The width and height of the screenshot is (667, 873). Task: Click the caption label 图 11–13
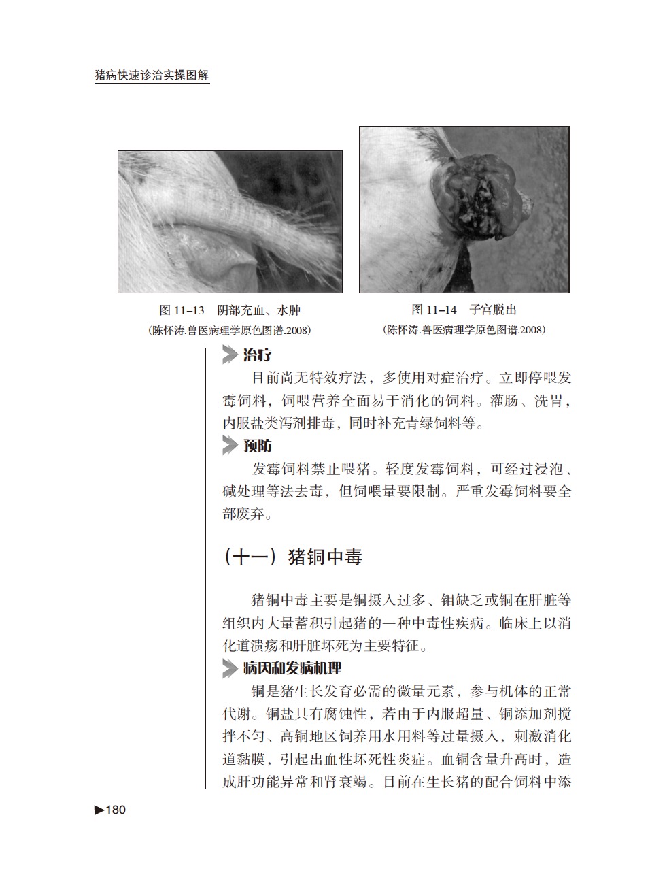pyautogui.click(x=182, y=310)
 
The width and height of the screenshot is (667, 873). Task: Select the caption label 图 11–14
pyautogui.click(x=434, y=310)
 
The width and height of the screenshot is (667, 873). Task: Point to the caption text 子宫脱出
pyautogui.click(x=493, y=310)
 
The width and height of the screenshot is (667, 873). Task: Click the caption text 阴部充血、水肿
pyautogui.click(x=258, y=310)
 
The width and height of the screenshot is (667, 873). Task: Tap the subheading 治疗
pyautogui.click(x=258, y=355)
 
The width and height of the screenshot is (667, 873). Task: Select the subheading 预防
pyautogui.click(x=258, y=446)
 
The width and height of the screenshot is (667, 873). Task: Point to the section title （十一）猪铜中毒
pyautogui.click(x=292, y=557)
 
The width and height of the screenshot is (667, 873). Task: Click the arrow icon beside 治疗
pyautogui.click(x=230, y=355)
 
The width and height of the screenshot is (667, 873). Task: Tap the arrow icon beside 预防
pyautogui.click(x=230, y=446)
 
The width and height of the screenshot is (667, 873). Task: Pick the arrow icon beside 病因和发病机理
pyautogui.click(x=230, y=668)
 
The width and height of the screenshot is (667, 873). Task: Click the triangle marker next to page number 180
pyautogui.click(x=99, y=810)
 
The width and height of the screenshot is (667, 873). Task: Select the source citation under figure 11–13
pyautogui.click(x=229, y=331)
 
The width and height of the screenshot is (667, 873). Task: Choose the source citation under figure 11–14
pyautogui.click(x=464, y=330)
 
